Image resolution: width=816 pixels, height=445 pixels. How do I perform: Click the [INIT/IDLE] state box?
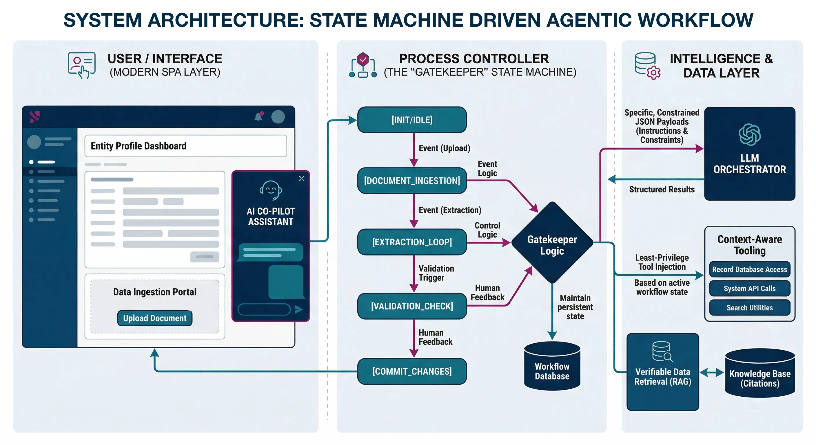coord(412,120)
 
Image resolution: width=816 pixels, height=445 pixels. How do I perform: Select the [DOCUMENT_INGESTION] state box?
coord(412,180)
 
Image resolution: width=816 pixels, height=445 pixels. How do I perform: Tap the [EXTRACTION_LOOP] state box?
coord(412,242)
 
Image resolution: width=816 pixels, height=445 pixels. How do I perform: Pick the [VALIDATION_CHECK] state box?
coord(412,306)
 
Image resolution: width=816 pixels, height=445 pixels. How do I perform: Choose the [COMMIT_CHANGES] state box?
coord(412,371)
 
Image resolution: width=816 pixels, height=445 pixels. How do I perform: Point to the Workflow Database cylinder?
coord(552,367)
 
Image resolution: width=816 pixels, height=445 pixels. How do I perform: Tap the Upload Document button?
coord(154,318)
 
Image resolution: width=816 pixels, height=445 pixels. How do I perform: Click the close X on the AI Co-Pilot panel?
coord(302,179)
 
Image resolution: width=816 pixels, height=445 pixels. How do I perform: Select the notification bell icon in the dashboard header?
coord(258,117)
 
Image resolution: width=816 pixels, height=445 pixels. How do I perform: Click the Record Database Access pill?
coord(749,269)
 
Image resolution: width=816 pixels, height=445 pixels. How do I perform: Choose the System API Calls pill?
coord(749,288)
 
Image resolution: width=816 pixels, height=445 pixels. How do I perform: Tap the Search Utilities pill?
coord(749,307)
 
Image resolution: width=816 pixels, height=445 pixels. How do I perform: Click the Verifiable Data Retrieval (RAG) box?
coord(663,372)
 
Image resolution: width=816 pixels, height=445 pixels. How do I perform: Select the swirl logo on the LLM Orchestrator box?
coord(749,135)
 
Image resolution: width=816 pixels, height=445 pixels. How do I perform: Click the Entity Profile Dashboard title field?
coord(186,146)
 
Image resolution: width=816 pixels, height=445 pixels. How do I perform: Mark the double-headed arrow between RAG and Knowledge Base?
coord(711,373)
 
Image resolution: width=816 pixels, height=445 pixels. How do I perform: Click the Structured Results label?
coord(662,189)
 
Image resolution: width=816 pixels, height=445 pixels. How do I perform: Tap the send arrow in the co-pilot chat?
coord(298,309)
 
